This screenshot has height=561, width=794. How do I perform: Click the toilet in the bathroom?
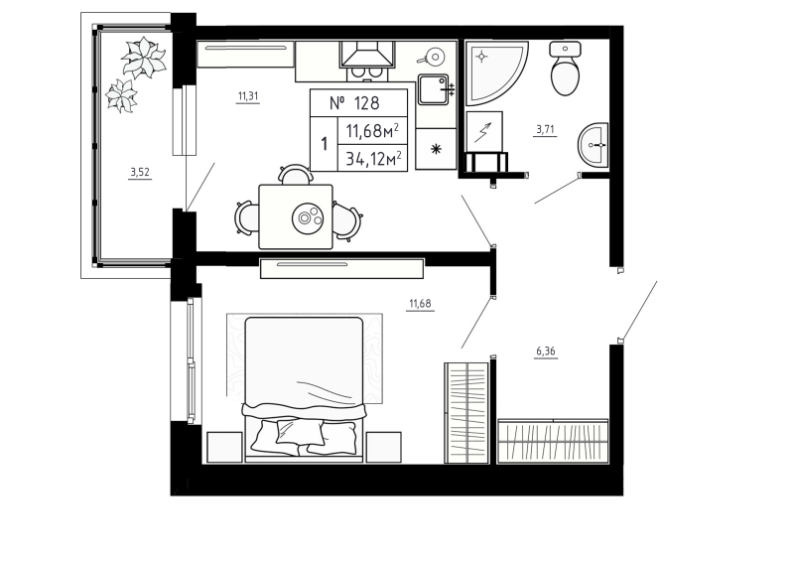click(x=566, y=70)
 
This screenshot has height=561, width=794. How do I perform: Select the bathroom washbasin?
click(x=595, y=147)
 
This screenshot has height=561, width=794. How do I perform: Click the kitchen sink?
click(x=435, y=90)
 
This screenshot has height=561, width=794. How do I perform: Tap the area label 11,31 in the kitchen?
click(x=248, y=96)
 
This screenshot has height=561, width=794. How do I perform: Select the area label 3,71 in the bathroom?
click(x=546, y=129)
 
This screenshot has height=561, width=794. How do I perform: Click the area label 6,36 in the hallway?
click(x=546, y=351)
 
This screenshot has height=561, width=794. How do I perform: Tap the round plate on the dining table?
click(x=311, y=215)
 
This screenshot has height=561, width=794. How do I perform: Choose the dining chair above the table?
click(x=295, y=175)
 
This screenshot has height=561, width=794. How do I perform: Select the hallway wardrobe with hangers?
click(x=553, y=439)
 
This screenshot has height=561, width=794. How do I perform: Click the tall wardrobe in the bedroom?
click(x=465, y=412)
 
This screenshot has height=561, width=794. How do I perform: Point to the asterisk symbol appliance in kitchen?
click(x=435, y=150)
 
